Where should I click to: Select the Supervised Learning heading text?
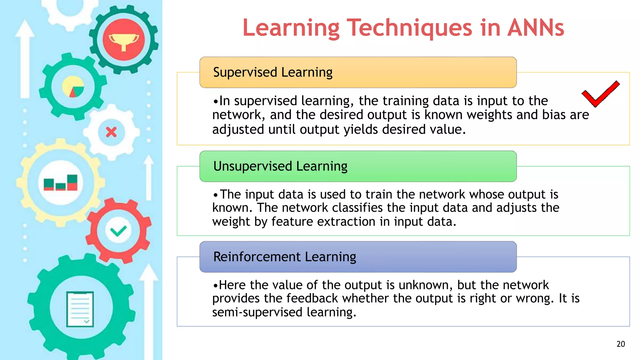[x=272, y=72]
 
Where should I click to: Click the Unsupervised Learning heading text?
[x=280, y=166]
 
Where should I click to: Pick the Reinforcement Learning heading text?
[x=284, y=257]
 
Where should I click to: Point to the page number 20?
[x=621, y=344]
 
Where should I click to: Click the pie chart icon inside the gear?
[x=73, y=87]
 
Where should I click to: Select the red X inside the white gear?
[x=111, y=132]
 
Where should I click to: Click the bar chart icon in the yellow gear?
[x=61, y=183]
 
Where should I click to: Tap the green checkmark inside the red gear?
[x=118, y=231]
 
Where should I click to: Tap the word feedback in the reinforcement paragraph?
[x=312, y=298]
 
